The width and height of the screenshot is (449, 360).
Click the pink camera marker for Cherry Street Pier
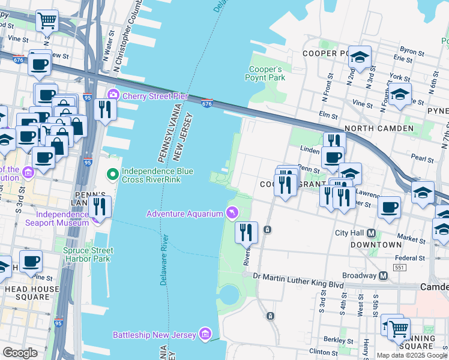tap(113, 95)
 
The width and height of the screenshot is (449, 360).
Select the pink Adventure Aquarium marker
tap(231, 213)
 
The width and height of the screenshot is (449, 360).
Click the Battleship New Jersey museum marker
tap(205, 334)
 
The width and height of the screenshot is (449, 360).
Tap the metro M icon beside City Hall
tap(371, 233)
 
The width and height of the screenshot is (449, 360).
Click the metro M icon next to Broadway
tap(382, 275)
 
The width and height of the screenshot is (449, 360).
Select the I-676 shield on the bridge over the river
tap(207, 104)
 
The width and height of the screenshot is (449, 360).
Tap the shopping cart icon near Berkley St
tap(398, 328)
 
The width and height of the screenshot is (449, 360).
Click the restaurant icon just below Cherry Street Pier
tap(104, 109)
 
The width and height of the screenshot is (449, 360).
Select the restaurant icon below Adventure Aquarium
tap(246, 232)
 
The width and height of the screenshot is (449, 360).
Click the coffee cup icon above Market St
tap(390, 207)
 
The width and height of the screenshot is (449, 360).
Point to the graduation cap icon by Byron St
tap(360, 57)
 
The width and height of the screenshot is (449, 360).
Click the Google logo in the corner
tap(20, 353)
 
